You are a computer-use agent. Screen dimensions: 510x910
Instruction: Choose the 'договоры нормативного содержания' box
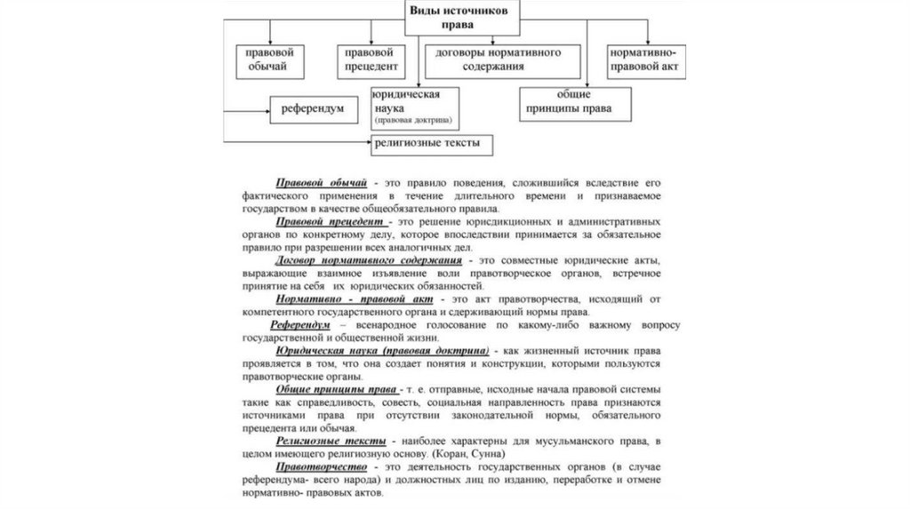coord(504,60)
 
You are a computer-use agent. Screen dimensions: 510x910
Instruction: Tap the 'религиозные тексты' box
coord(432,143)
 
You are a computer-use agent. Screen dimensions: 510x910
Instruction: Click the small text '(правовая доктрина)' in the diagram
coord(412,119)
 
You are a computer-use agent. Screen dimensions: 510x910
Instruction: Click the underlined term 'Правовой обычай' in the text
coord(316,181)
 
